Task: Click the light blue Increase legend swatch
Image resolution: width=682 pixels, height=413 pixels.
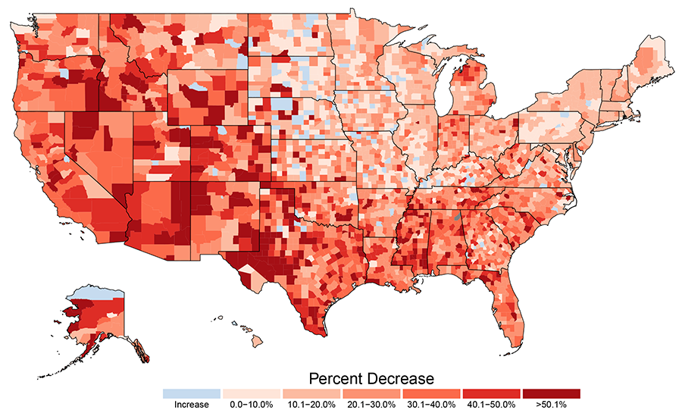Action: point(191,394)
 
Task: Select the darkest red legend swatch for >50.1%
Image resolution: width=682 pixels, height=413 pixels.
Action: point(551,394)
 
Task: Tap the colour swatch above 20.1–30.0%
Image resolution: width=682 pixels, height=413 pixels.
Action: point(371,394)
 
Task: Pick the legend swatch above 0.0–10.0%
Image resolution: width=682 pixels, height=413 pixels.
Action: point(251,394)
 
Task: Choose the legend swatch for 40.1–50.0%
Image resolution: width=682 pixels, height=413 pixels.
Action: point(491,394)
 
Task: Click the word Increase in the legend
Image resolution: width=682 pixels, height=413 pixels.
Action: point(191,405)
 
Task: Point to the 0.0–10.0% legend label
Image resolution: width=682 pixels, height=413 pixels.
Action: point(251,405)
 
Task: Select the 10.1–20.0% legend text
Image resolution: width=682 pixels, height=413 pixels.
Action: point(311,405)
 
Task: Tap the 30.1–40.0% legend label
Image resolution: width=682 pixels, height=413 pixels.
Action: point(431,405)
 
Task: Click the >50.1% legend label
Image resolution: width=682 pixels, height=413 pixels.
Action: point(551,405)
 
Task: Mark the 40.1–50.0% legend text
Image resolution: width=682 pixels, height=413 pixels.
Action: point(491,405)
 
